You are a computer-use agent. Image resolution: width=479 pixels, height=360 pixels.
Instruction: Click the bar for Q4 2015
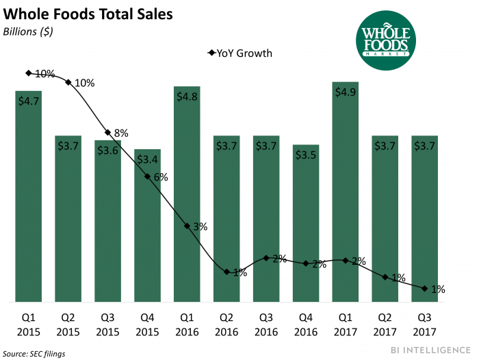147,226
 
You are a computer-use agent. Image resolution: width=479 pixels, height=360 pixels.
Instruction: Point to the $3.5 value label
307,155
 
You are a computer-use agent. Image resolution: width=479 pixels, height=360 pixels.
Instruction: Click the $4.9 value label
346,93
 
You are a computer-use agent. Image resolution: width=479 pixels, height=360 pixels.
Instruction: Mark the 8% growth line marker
107,133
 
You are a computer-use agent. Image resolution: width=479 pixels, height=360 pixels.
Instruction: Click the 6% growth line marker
147,177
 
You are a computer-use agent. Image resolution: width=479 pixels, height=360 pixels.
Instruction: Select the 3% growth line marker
187,226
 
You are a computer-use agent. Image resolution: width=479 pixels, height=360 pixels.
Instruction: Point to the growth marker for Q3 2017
426,289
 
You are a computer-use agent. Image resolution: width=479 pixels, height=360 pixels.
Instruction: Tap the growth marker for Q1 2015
28,73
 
